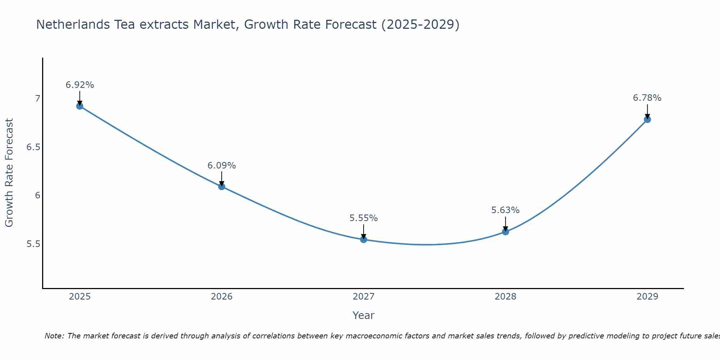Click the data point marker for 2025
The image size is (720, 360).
[80, 106]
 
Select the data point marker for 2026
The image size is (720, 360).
[221, 186]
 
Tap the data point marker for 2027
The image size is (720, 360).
[364, 239]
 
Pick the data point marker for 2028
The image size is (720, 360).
[505, 232]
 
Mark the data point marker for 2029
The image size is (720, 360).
[647, 120]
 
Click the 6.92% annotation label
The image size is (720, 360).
[80, 85]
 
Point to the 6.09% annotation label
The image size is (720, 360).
[221, 166]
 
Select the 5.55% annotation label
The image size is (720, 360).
[364, 218]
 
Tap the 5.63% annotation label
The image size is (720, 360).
[505, 210]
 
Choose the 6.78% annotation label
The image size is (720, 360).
[647, 98]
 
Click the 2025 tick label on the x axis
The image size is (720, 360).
[80, 297]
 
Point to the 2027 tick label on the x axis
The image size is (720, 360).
[364, 297]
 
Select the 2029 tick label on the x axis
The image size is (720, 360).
[647, 297]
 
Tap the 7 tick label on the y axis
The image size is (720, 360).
[37, 98]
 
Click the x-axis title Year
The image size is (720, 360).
[364, 315]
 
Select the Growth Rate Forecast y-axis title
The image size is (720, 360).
[9, 173]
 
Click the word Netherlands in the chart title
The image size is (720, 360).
[73, 24]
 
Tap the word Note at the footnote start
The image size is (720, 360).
[54, 336]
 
